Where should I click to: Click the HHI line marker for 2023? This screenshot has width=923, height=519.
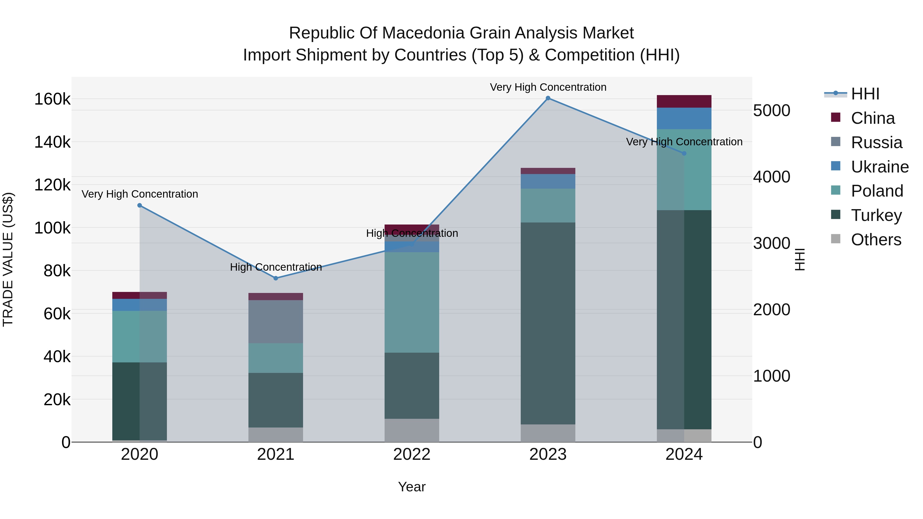tap(548, 98)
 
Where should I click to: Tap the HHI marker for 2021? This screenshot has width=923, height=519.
tap(276, 278)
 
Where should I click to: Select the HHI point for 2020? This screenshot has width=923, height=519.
tap(140, 206)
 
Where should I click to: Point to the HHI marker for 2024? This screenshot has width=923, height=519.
tap(684, 153)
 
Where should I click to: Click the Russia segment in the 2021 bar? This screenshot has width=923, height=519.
tap(276, 322)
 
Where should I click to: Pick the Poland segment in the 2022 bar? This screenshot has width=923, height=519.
tap(412, 302)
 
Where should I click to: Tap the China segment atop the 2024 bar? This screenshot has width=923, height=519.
tap(684, 101)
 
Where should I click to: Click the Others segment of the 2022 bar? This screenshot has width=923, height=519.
tap(412, 430)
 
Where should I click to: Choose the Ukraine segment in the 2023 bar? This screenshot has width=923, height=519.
tap(548, 181)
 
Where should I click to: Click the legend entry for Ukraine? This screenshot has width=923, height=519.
tap(879, 167)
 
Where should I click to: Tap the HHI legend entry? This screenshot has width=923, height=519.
tap(865, 94)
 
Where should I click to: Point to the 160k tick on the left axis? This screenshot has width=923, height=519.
tap(52, 99)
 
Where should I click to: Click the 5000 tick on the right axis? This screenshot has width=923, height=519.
tap(771, 111)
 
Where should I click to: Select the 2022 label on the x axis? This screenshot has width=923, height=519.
tap(412, 454)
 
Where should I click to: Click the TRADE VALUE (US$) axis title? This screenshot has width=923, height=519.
tap(8, 259)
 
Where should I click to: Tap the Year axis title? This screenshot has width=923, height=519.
tap(412, 487)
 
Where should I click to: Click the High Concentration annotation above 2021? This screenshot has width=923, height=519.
tap(276, 267)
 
